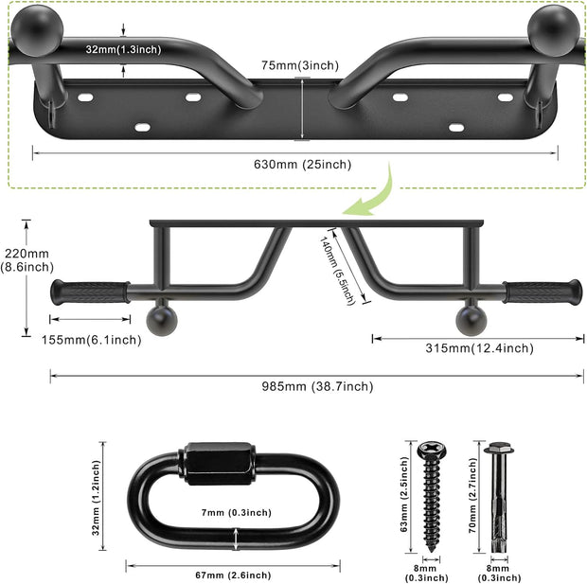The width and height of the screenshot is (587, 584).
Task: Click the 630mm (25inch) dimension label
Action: (302, 165)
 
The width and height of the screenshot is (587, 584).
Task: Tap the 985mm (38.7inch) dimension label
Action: (319, 386)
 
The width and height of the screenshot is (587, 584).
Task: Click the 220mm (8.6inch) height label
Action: (26, 260)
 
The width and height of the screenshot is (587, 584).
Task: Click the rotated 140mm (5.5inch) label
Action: (337, 271)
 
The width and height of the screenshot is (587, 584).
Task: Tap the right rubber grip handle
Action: (543, 292)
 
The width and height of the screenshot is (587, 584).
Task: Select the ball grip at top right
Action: (554, 25)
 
